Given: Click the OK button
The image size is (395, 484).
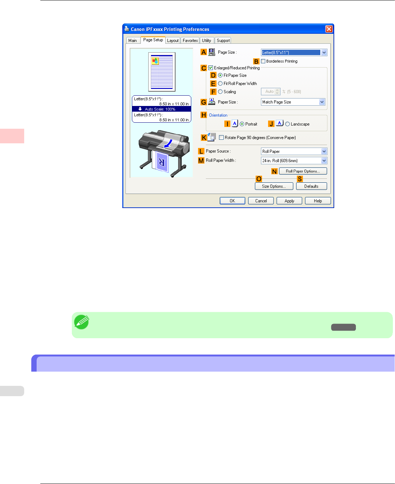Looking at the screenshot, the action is click(232, 201).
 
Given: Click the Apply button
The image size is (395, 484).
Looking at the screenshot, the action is click(289, 201).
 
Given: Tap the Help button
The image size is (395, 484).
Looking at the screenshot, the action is click(317, 201).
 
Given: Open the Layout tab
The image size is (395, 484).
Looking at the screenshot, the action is click(173, 41).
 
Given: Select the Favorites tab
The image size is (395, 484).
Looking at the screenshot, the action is click(190, 41).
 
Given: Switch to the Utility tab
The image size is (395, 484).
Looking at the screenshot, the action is click(207, 41).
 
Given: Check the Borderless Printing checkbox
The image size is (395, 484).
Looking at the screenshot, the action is click(263, 61).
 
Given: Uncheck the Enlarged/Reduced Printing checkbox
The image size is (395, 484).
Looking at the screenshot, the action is click(211, 68).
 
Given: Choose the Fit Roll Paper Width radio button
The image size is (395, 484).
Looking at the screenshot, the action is click(220, 84).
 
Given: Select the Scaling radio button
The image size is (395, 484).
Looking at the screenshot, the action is click(220, 92).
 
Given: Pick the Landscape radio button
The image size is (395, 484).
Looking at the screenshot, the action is click(287, 124).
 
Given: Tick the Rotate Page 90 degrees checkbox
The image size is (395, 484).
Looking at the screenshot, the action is click(221, 138).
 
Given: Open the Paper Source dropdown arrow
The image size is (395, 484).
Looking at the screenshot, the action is click(324, 151).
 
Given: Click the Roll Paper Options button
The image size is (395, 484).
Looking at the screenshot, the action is click(303, 171).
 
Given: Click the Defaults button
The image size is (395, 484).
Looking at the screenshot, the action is click(311, 186).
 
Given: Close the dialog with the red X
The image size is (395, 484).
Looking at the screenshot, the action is click(329, 29).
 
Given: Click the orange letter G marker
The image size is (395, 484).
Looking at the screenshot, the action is click(204, 102).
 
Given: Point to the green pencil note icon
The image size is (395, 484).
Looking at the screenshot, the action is click(81, 322).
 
